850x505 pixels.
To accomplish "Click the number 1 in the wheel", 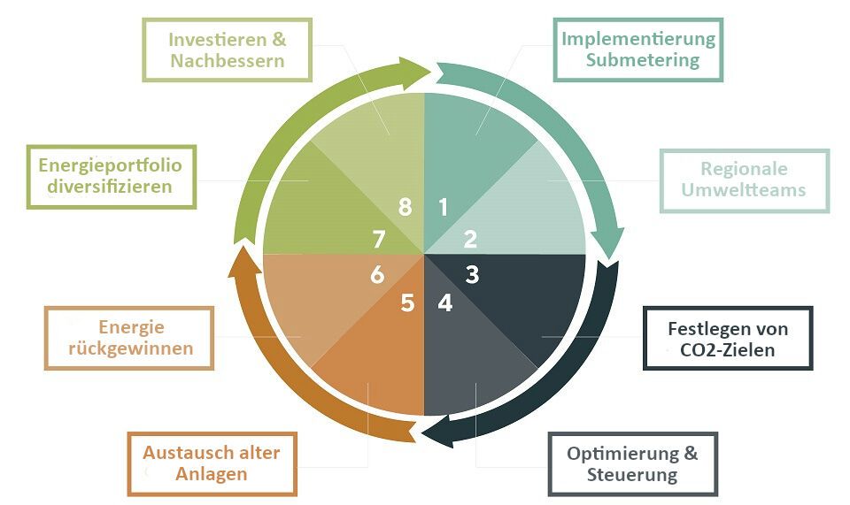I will (444, 208).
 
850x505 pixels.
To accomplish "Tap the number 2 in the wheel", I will (471, 239).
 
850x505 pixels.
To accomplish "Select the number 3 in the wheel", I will (472, 274).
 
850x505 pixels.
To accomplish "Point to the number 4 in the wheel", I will (444, 302).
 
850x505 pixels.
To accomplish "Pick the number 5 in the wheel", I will (407, 302).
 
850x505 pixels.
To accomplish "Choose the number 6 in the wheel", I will (377, 275).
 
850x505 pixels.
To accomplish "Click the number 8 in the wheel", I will (406, 208).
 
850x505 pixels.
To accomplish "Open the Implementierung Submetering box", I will (638, 50).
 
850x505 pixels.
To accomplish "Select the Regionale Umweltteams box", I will (744, 180).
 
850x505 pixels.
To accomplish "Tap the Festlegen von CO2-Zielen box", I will (727, 339).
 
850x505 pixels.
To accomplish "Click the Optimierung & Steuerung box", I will (632, 463).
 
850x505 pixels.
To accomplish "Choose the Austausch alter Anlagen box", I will (212, 463).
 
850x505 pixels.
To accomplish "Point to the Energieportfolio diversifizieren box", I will (111, 175).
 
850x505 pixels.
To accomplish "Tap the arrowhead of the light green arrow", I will (416, 69).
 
